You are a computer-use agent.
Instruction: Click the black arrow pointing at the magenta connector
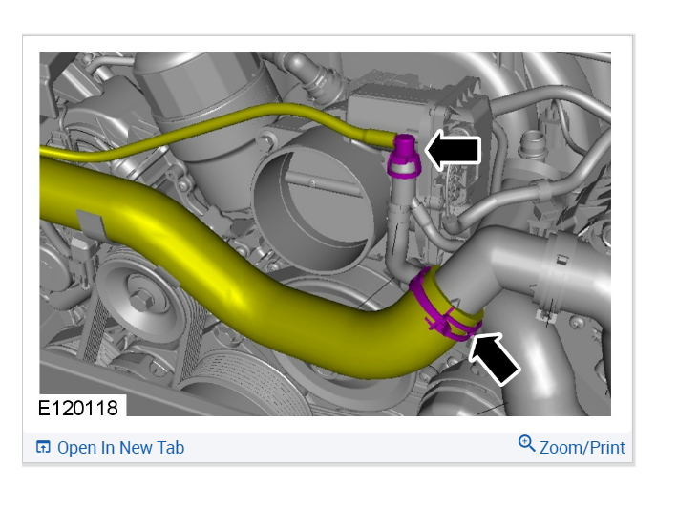453,150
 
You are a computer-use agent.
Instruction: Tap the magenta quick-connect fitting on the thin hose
404,156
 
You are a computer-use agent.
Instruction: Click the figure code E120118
78,408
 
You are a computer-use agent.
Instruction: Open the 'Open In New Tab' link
110,448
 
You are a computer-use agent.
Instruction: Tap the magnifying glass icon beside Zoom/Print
526,444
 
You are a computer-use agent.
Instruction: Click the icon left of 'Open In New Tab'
43,447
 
